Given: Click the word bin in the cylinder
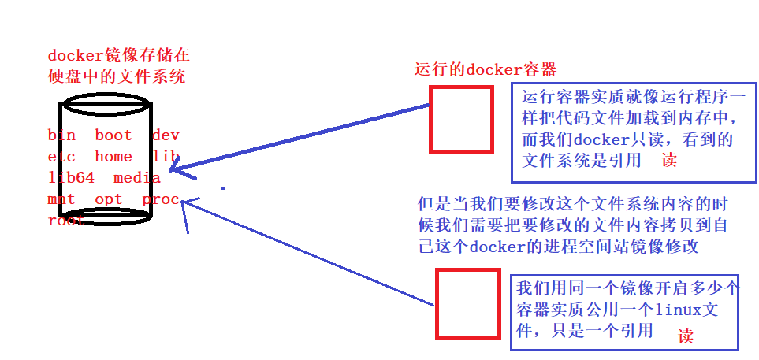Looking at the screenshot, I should pos(61,135).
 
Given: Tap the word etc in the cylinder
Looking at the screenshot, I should pos(61,157).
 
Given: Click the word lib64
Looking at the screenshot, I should pos(71,178).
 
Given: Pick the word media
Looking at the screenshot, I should pos(136,178).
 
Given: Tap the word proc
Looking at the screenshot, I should pos(161,199).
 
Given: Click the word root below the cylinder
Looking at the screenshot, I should pos(65,221).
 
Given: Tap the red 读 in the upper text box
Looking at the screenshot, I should pos(669,160).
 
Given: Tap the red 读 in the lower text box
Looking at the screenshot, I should pos(686,336).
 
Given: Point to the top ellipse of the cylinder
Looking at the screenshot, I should pos(105,104).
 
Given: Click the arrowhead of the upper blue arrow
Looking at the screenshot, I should pos(175,167).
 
